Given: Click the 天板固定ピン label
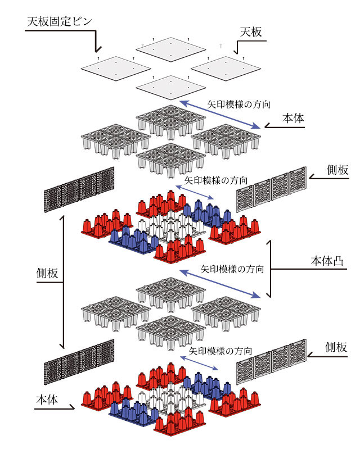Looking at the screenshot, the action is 60,21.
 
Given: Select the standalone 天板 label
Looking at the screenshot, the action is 251,32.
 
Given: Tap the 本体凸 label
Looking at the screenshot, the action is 327,261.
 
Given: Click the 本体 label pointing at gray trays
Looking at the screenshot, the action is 293,119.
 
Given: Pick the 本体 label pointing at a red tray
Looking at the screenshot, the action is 47,400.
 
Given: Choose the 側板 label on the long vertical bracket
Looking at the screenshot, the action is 47,273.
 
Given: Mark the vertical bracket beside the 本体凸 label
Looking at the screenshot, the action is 270,269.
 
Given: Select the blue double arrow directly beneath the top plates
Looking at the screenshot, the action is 220,115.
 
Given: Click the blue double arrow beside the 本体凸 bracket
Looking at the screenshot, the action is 220,284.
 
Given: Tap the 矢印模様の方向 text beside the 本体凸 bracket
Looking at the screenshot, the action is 232,269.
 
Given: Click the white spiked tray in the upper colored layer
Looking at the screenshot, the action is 172,226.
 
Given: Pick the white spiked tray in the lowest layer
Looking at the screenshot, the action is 171,398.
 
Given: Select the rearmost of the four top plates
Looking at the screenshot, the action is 171,49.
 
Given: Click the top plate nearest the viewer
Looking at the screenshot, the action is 171,87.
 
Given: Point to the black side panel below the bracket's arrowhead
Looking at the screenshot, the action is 79,362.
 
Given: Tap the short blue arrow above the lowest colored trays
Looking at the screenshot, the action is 199,363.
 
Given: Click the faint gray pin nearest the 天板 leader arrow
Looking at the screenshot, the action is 221,46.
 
